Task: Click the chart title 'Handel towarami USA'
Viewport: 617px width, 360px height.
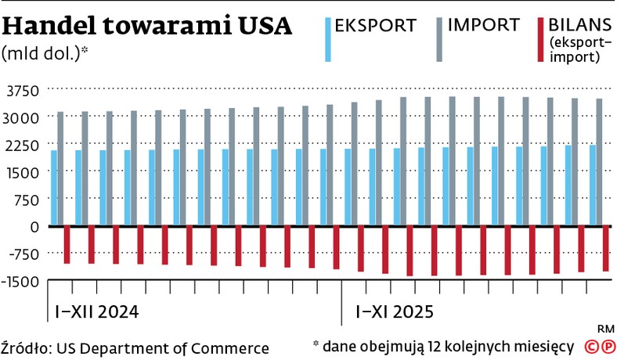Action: tap(147, 27)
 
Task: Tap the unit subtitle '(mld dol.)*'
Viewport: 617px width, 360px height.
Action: tap(45, 55)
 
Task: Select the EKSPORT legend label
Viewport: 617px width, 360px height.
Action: tap(375, 25)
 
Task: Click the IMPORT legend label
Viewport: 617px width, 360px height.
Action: tap(483, 25)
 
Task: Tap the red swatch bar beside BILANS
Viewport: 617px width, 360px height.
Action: tap(538, 40)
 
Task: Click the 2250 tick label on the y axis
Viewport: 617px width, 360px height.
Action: tap(22, 145)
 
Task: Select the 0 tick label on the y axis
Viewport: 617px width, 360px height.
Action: tap(34, 227)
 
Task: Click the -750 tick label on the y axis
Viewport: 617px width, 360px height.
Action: tap(22, 254)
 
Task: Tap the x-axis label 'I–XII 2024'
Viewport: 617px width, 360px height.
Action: tap(96, 311)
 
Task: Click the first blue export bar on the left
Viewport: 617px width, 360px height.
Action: tap(54, 188)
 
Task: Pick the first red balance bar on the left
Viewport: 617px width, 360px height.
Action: tap(67, 245)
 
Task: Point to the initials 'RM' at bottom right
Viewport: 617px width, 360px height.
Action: tap(604, 328)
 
